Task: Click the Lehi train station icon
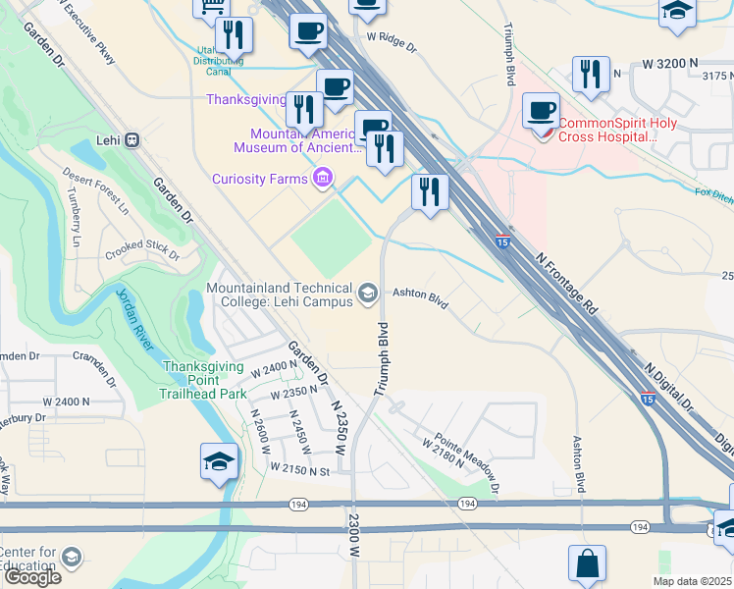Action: coord(131,140)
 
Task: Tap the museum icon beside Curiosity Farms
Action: coord(320,178)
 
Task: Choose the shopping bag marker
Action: coord(587,564)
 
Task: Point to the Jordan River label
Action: coord(133,319)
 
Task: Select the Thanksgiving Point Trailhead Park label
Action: coord(203,380)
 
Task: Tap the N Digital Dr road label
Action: coord(668,387)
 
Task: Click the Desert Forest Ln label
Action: coord(96,190)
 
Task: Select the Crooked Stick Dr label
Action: coord(143,250)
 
